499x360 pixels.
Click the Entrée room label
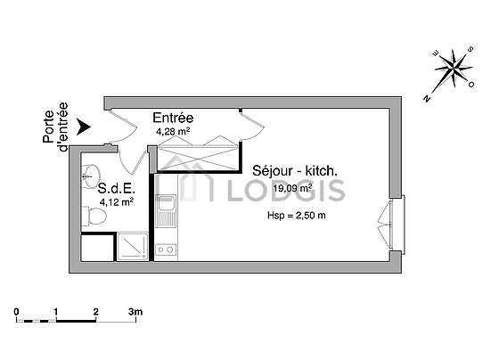click(x=173, y=118)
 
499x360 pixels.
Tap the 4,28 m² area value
click(x=173, y=132)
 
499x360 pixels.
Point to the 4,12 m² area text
click(x=116, y=201)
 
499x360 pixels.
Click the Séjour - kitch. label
click(x=295, y=171)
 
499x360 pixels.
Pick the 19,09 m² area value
click(x=292, y=188)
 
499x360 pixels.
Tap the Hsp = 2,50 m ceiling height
click(x=296, y=216)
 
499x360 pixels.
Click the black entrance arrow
click(x=84, y=127)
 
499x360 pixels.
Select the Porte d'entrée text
click(x=55, y=127)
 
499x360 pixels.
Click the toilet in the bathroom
click(x=94, y=216)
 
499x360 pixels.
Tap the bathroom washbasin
click(x=91, y=176)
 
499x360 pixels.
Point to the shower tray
click(x=133, y=247)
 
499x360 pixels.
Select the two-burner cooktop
click(x=166, y=250)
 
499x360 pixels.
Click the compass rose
click(x=453, y=70)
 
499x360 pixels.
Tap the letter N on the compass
click(x=427, y=98)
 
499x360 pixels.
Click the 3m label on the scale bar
click(x=135, y=312)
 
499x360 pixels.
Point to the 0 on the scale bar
click(x=17, y=312)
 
